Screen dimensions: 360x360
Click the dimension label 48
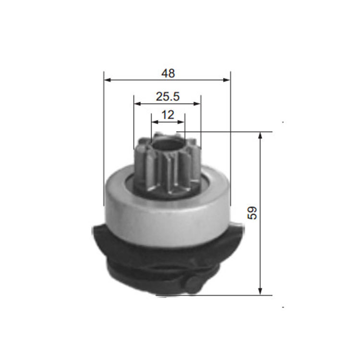(x=168, y=73)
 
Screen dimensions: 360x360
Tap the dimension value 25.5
(x=168, y=96)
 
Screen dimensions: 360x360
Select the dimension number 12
(x=168, y=115)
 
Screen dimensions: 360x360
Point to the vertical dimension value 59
(x=252, y=213)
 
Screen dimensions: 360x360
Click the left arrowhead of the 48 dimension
(x=108, y=80)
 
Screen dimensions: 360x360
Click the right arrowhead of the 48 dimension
(x=227, y=80)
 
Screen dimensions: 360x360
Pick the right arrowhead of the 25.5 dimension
(x=197, y=104)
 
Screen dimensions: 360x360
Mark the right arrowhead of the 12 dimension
(x=181, y=122)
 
